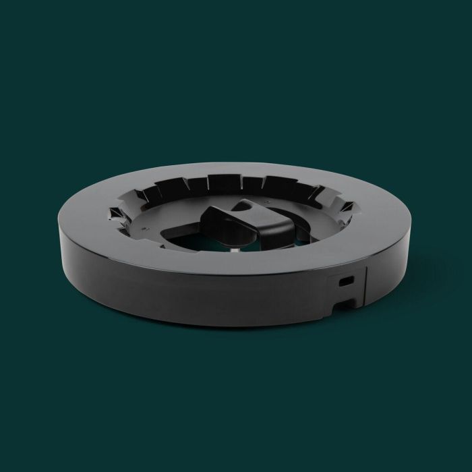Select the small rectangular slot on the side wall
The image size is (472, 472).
coord(347,278)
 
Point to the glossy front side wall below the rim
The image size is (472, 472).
coord(202,297)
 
